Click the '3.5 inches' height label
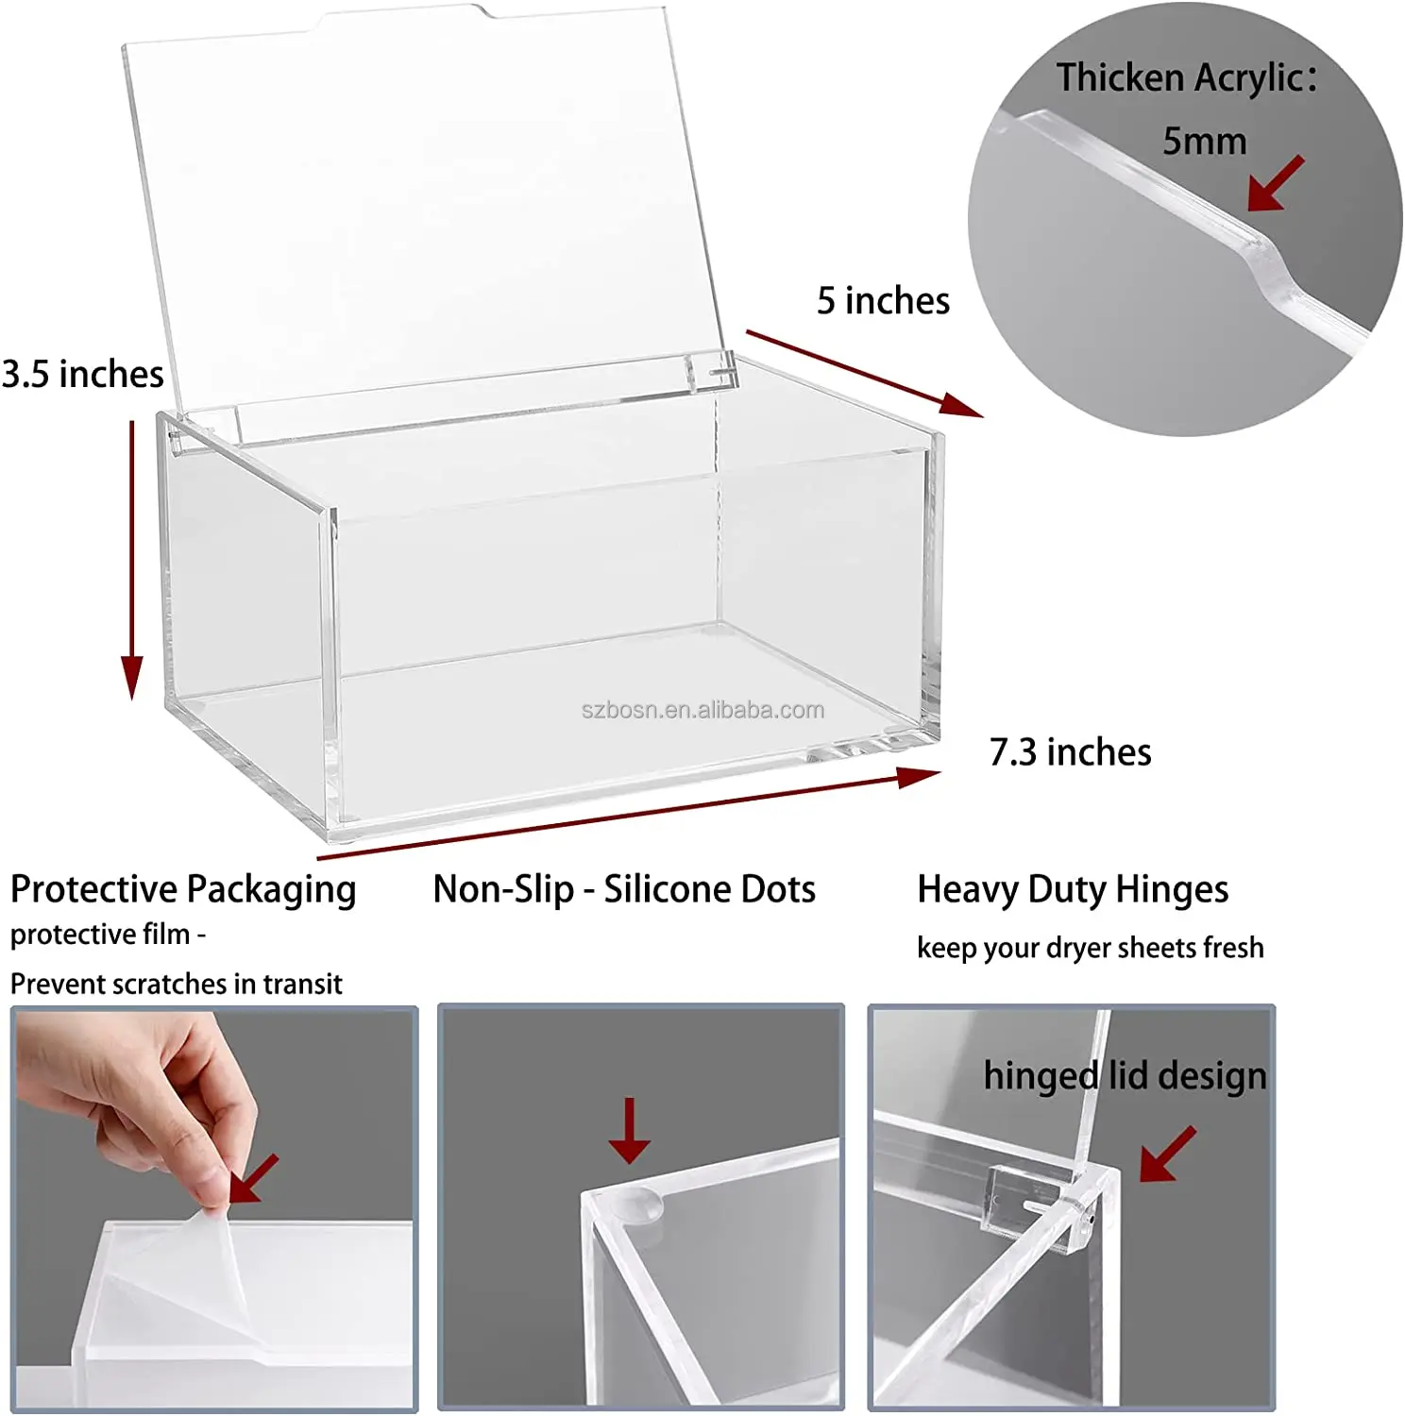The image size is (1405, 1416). [x=83, y=375]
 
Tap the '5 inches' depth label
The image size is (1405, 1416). [x=883, y=301]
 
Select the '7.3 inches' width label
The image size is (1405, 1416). [x=1070, y=752]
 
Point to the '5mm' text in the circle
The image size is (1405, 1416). [x=1204, y=142]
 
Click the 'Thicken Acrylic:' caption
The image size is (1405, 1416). [x=1186, y=77]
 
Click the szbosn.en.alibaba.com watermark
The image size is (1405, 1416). [x=702, y=710]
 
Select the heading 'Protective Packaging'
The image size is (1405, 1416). [x=183, y=889]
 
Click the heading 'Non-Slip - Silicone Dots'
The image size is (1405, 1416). [x=624, y=889]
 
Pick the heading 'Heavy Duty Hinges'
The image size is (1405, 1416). [x=1073, y=889]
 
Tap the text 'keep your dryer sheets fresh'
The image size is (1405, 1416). [x=1090, y=948]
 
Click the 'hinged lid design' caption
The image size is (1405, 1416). [x=1124, y=1076]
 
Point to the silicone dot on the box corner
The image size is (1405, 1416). [x=637, y=1205]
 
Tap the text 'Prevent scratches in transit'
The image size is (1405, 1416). [x=176, y=985]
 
